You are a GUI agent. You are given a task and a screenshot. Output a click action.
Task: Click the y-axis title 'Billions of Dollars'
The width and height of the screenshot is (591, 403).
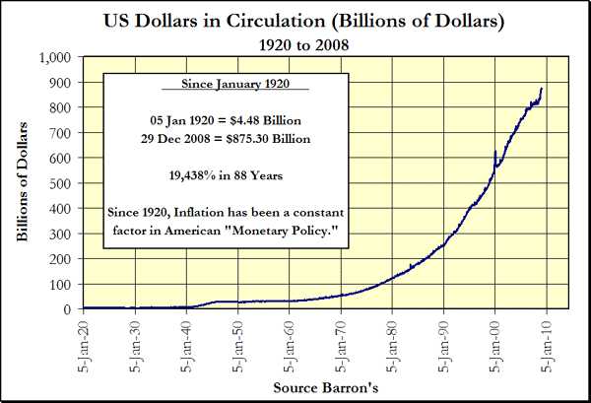(22, 183)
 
